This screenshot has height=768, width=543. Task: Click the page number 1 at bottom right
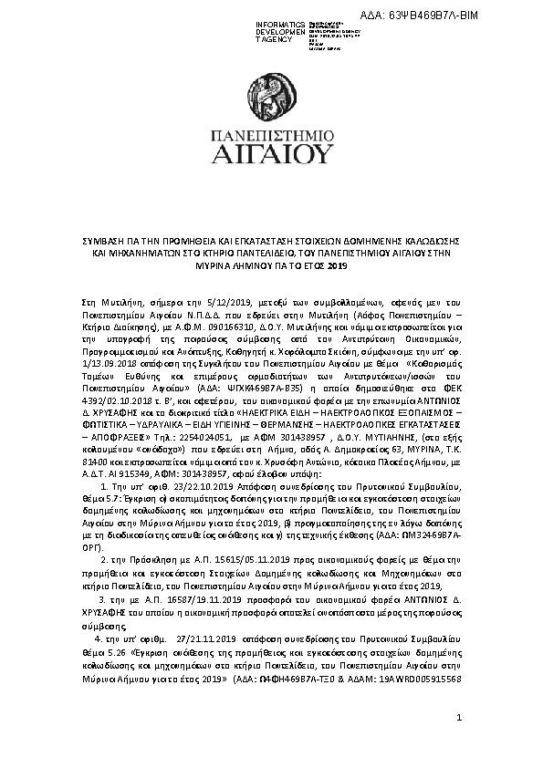(459, 721)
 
